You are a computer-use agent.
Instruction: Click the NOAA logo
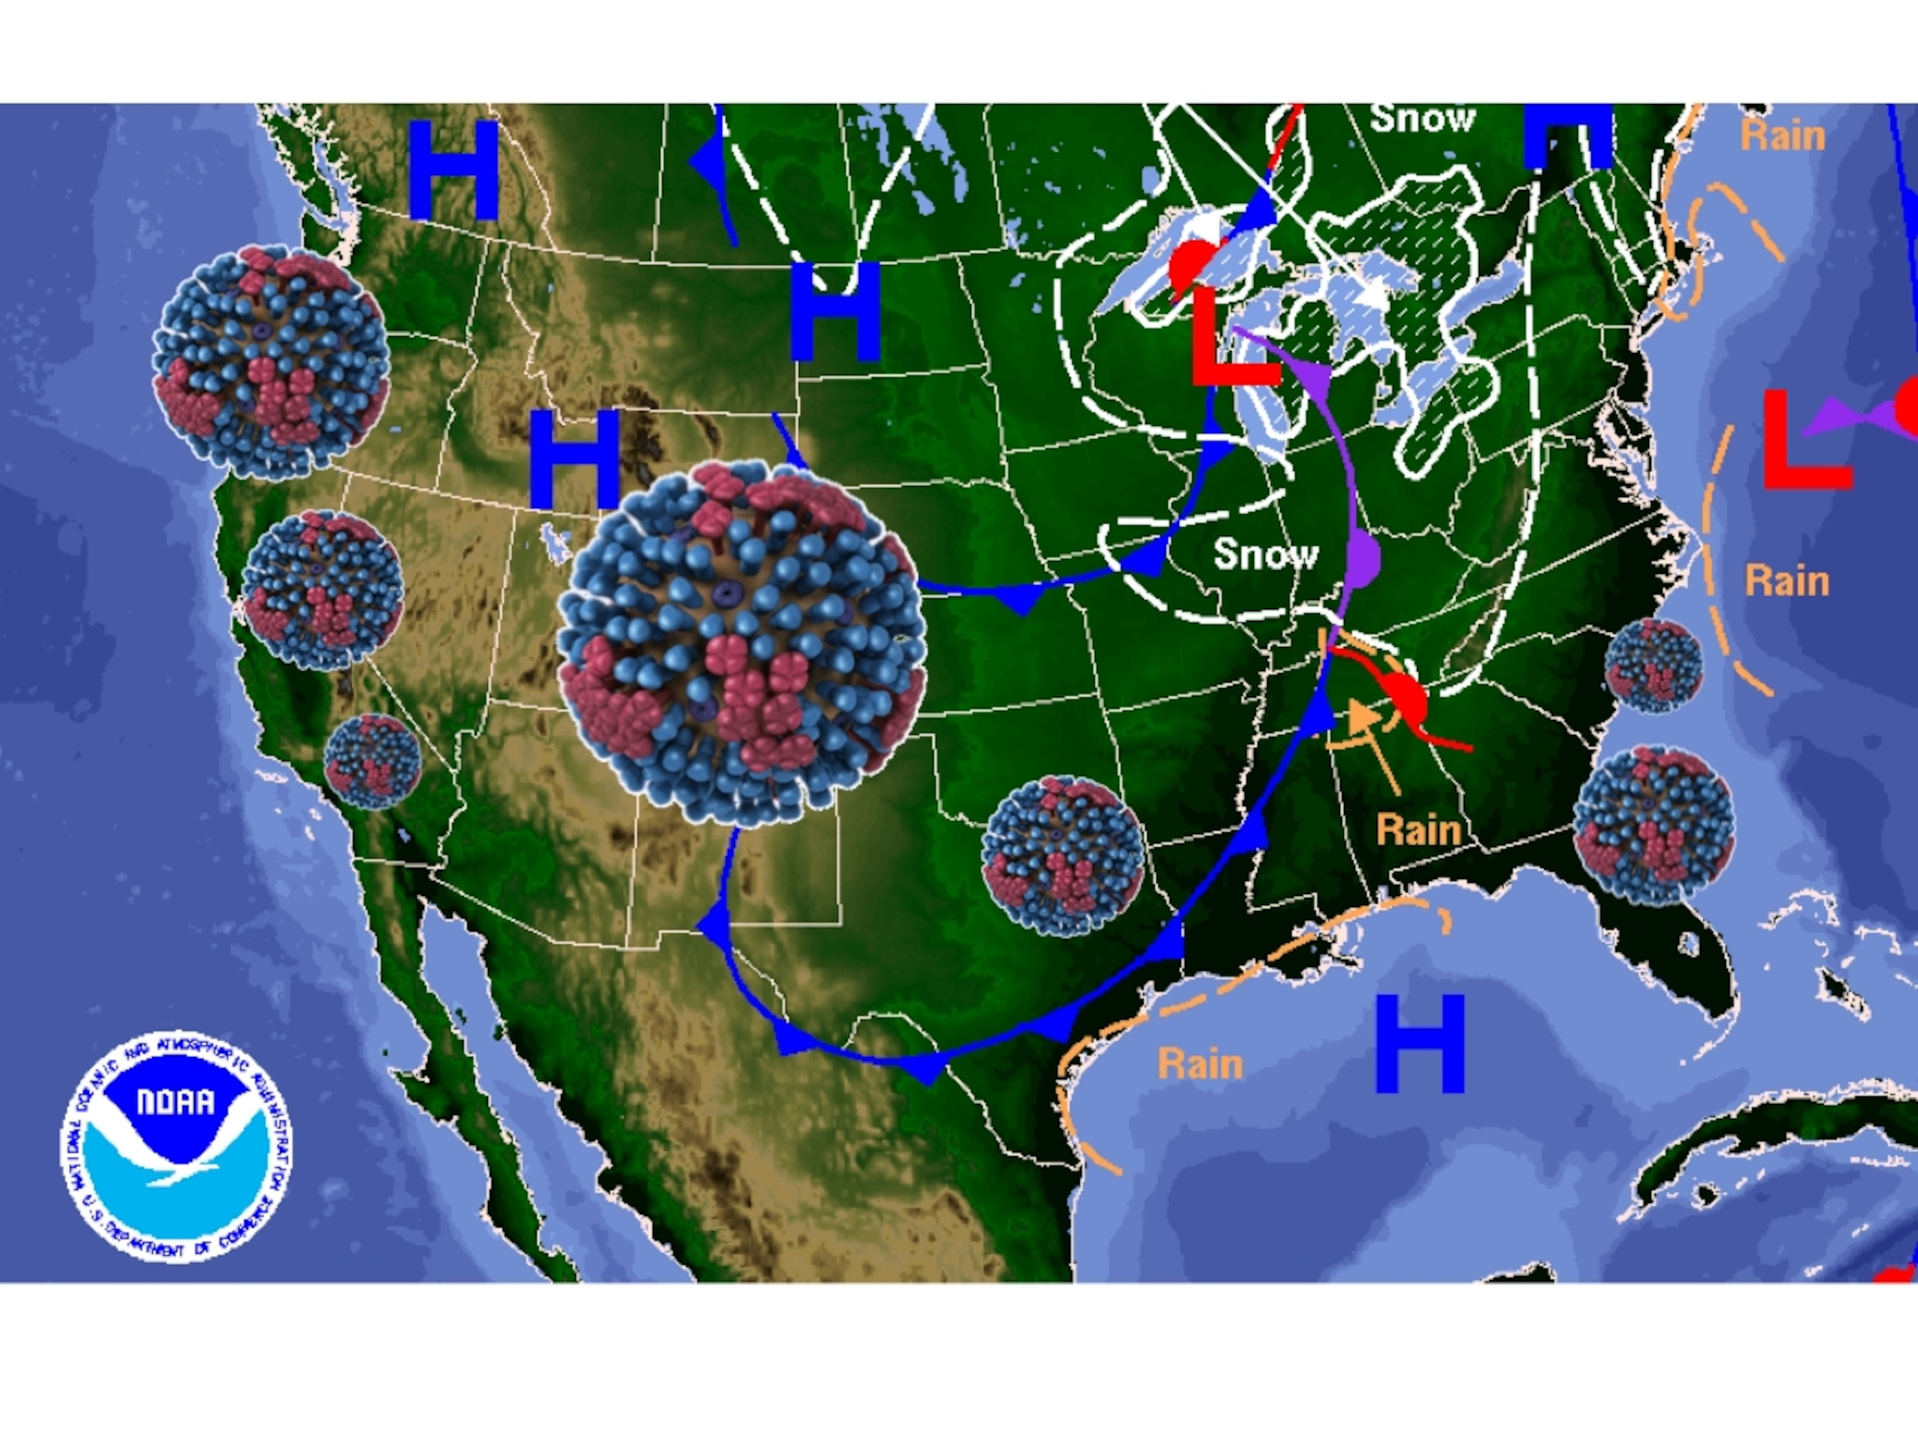click(176, 1147)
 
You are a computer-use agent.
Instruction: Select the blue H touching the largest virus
click(574, 459)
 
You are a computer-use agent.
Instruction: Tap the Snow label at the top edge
click(1422, 119)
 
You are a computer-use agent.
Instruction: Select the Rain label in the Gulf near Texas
click(1200, 1064)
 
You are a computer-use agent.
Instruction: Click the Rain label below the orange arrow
click(1419, 829)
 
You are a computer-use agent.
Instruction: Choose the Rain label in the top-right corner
click(1783, 136)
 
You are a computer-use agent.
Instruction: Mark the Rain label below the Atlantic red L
click(1787, 580)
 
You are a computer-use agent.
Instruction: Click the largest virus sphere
click(741, 643)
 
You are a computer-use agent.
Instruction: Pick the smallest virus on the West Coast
click(373, 761)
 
